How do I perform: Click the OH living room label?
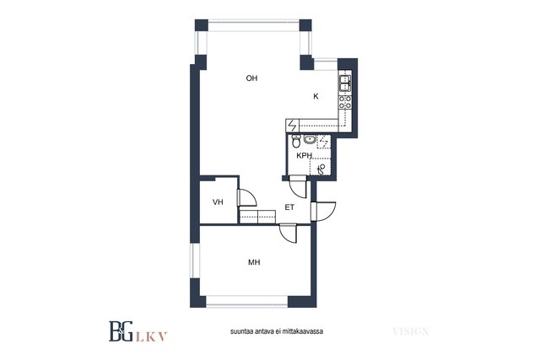[251, 78]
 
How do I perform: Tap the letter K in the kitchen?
[316, 96]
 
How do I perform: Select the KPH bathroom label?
[304, 156]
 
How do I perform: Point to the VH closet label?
[218, 202]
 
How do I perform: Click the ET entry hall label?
[289, 207]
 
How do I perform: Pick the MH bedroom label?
[254, 262]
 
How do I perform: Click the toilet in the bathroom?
[296, 141]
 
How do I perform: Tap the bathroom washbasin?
[310, 139]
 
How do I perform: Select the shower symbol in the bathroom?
[321, 169]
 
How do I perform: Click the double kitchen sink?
[345, 83]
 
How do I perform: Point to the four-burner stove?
[345, 102]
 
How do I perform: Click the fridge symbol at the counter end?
[293, 126]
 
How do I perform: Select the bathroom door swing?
[298, 187]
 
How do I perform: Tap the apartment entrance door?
[323, 212]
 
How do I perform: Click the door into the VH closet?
[247, 197]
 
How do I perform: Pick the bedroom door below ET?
[289, 233]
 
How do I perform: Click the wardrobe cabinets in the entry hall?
[257, 216]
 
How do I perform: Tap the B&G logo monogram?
[121, 331]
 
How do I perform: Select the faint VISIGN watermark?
[411, 331]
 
